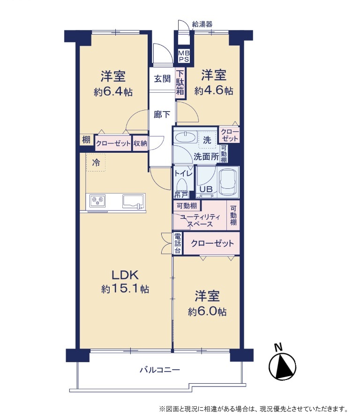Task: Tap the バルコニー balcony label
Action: click(x=160, y=370)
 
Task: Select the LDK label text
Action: click(x=125, y=275)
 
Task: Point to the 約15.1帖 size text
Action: click(x=125, y=289)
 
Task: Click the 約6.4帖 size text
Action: click(x=113, y=92)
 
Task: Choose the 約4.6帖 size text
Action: click(x=214, y=91)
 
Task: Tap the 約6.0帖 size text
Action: click(x=207, y=312)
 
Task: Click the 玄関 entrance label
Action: click(x=162, y=79)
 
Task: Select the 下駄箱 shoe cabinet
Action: click(x=180, y=83)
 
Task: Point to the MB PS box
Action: click(x=184, y=56)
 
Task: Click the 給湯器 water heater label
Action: click(x=202, y=24)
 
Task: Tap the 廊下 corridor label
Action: click(x=162, y=114)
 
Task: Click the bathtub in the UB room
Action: click(x=227, y=182)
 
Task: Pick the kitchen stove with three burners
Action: click(x=97, y=201)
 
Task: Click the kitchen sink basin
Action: click(x=133, y=201)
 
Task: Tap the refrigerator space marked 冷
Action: click(x=96, y=162)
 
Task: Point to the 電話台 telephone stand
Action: click(x=178, y=243)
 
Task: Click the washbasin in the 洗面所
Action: click(x=186, y=137)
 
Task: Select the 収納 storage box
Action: click(x=140, y=144)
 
